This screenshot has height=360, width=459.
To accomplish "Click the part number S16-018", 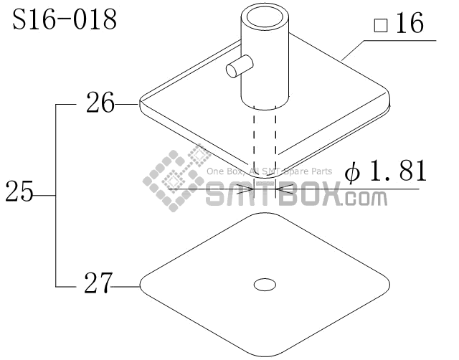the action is [65, 19].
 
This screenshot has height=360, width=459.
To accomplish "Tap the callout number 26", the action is [100, 103].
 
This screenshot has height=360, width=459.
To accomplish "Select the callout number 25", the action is [19, 191].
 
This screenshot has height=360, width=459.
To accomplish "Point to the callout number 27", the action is [98, 283].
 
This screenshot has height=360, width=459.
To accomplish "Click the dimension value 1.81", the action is [398, 171].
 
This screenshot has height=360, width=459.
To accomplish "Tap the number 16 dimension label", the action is [410, 22].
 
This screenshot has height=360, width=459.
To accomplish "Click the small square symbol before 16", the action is [381, 25].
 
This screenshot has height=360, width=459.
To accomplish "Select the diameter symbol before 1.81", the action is [352, 173].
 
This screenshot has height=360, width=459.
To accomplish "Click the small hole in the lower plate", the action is [265, 285].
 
